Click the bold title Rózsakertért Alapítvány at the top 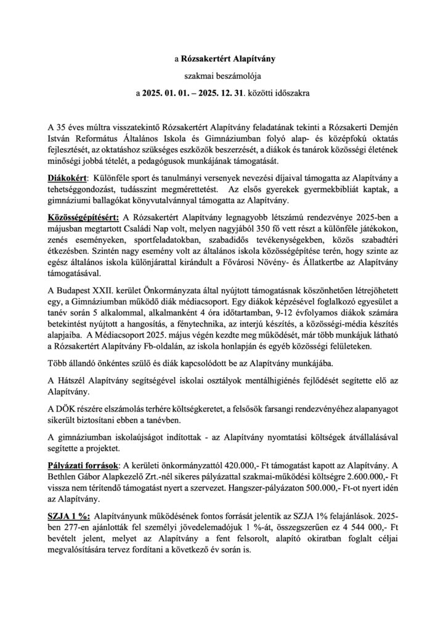coord(227,60)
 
